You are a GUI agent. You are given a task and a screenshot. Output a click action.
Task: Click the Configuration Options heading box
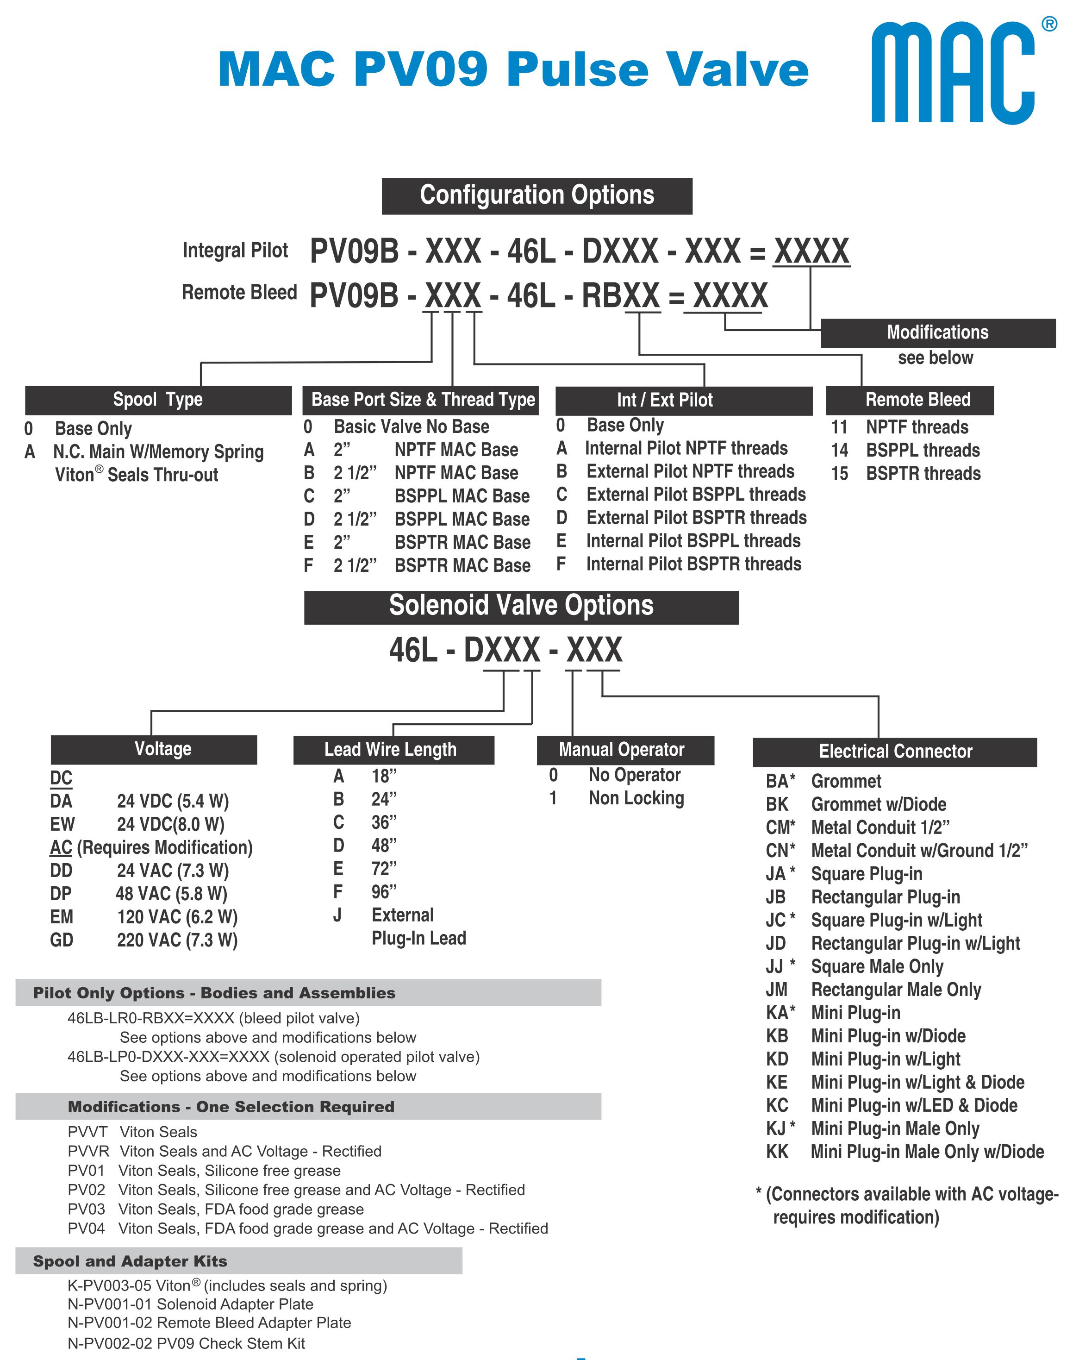tap(536, 195)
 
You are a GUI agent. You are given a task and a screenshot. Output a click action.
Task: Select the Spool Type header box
tap(158, 400)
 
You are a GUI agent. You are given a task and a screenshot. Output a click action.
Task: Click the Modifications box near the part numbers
tap(937, 332)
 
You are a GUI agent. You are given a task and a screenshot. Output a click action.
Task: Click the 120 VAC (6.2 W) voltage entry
tap(144, 917)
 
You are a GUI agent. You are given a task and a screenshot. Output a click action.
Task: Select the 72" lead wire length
tap(364, 869)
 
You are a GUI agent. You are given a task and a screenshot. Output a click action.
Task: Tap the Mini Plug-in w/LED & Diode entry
tap(892, 1105)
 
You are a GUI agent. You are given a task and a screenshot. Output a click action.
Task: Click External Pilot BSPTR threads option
tap(681, 518)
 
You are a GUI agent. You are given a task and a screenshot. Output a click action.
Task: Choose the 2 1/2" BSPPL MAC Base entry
tap(417, 519)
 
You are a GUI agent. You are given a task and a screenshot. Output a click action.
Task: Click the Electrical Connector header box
tap(895, 752)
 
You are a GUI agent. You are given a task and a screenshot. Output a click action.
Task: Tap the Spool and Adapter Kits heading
tap(130, 1261)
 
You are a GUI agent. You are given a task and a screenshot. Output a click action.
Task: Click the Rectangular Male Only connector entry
tap(873, 990)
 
